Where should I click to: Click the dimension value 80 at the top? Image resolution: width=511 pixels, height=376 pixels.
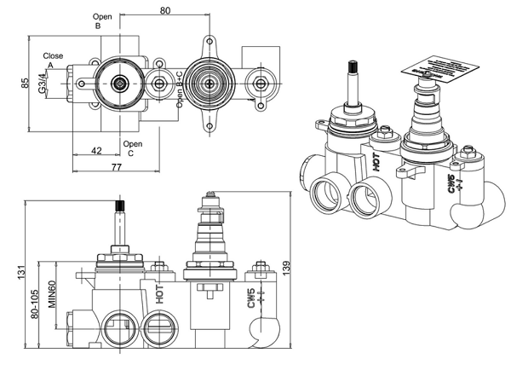tap(164, 10)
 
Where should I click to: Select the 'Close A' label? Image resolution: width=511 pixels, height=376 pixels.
tap(54, 61)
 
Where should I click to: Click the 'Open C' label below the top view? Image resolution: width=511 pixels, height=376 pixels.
tap(132, 148)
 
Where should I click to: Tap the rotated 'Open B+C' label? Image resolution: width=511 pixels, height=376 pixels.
tap(180, 90)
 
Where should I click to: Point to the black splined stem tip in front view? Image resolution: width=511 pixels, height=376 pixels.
tap(119, 208)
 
